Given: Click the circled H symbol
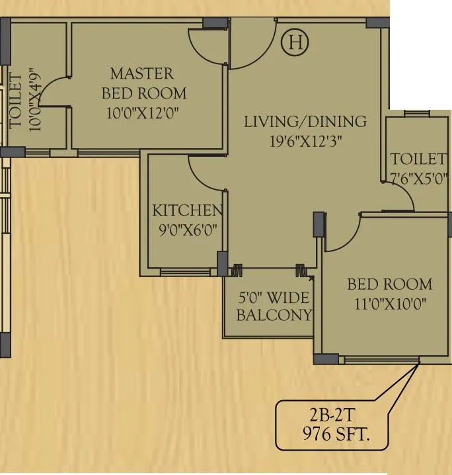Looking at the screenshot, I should pyautogui.click(x=295, y=43).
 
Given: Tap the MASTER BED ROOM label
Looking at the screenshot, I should pyautogui.click(x=143, y=83).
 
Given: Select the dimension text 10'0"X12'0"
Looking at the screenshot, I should pyautogui.click(x=143, y=113).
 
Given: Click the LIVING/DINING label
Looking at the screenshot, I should pyautogui.click(x=305, y=122).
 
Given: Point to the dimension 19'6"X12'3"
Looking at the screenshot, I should pyautogui.click(x=305, y=141).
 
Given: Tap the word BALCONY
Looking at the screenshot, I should pyautogui.click(x=273, y=316).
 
